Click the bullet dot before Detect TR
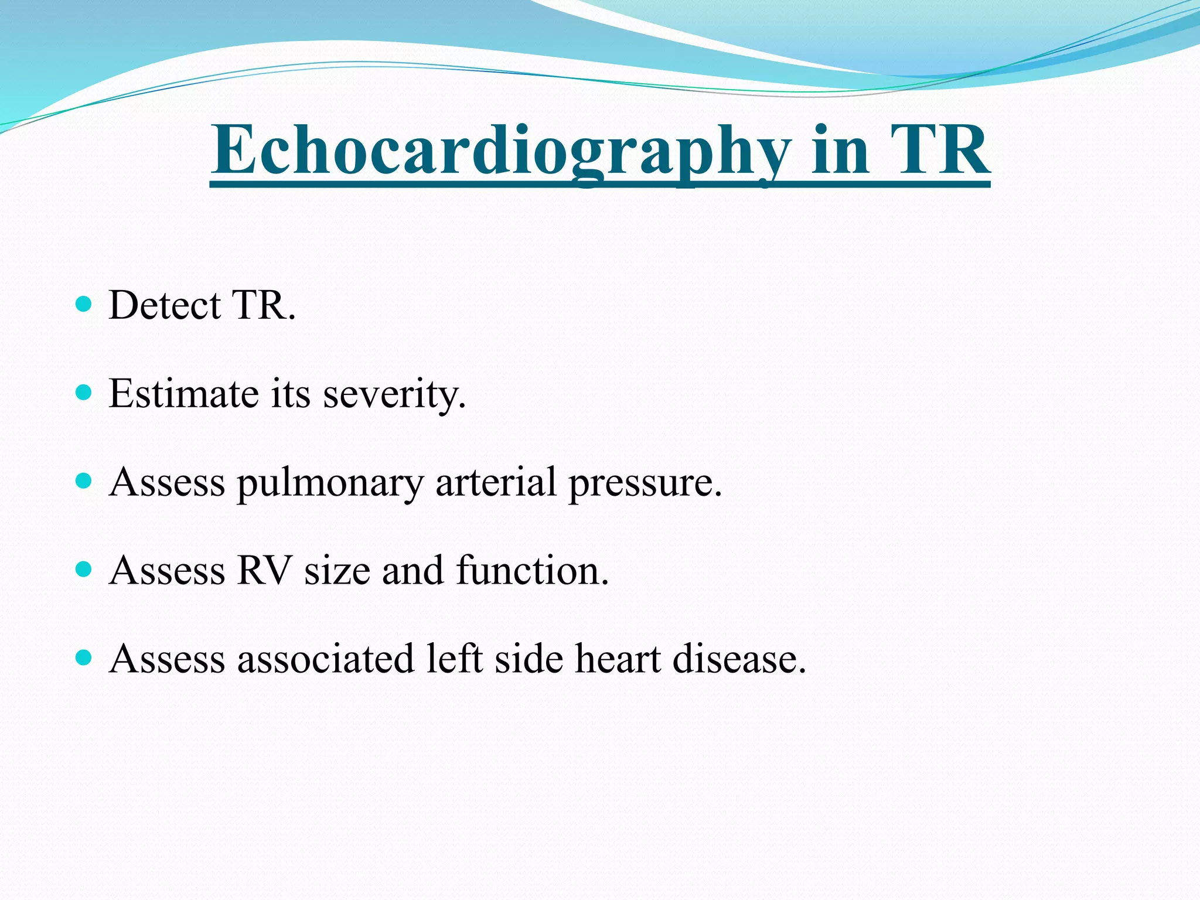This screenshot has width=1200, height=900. point(84,304)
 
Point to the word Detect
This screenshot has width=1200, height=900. point(165,305)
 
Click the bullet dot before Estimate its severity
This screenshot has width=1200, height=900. point(84,392)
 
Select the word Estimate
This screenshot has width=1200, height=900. point(183,394)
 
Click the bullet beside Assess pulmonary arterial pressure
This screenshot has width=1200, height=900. point(84,480)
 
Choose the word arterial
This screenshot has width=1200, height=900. point(496,482)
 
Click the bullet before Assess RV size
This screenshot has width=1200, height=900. point(84,569)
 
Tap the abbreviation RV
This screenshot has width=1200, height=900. point(264,571)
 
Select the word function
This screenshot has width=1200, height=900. point(532,571)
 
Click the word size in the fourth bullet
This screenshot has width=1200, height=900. point(337,571)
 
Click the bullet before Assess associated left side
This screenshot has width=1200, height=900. point(84,657)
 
